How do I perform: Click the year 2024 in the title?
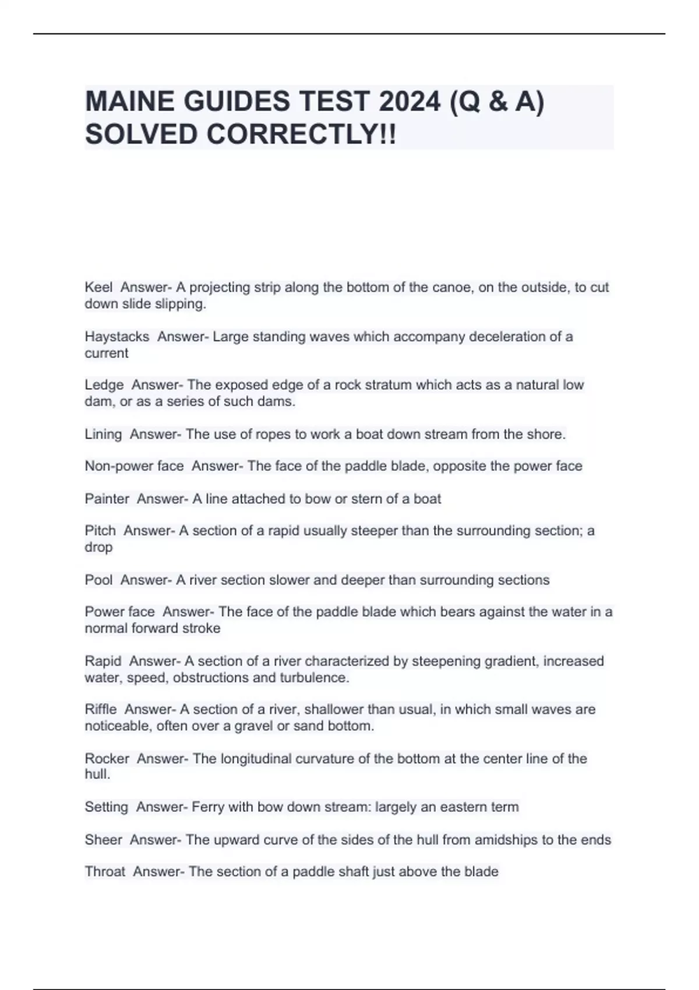(408, 102)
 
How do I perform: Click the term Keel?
(98, 287)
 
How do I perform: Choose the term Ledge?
(104, 385)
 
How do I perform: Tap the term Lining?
(103, 434)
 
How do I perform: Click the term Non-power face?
(134, 466)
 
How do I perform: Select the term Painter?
(107, 499)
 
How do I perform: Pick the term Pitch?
(100, 531)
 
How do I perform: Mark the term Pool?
(98, 580)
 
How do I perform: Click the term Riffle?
(101, 709)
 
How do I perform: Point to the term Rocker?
(107, 759)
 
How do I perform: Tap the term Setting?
(106, 807)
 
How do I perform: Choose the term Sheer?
(103, 840)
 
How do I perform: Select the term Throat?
(105, 872)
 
